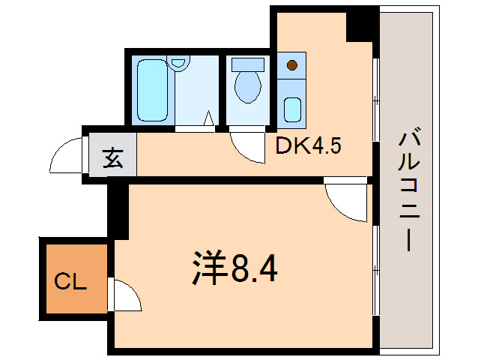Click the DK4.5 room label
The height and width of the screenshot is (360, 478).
tap(309, 146)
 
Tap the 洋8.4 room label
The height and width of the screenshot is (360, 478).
tap(233, 268)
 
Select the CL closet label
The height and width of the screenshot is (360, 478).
tap(71, 283)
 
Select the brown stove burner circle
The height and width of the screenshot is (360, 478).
tap(291, 65)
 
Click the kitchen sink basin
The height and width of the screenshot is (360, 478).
tap(292, 110)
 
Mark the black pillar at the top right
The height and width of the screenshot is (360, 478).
tap(361, 25)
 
